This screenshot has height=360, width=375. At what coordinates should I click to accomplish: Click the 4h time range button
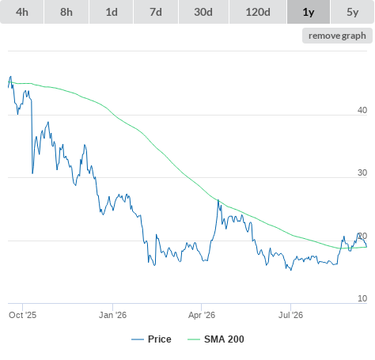tap(22, 12)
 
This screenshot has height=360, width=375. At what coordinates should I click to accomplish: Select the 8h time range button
tap(66, 12)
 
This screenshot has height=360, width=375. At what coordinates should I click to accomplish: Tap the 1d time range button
tap(112, 12)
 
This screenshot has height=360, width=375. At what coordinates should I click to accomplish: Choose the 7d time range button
tap(156, 12)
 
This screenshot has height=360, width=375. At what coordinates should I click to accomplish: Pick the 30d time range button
tap(203, 12)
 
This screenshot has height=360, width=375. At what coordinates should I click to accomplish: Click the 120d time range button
tap(258, 12)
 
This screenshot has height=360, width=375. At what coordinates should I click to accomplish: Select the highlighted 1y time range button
tap(309, 12)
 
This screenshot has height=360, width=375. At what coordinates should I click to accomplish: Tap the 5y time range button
tap(353, 12)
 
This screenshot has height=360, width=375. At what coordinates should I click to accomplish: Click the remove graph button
tap(337, 36)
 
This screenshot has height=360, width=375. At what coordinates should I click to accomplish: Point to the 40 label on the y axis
tap(362, 110)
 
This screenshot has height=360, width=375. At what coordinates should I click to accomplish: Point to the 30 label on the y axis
tap(362, 172)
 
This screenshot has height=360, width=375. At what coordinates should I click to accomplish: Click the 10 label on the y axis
tap(362, 298)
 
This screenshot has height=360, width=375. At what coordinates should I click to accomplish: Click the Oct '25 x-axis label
tap(22, 315)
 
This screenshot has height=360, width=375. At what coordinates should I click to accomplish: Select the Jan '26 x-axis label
tap(112, 315)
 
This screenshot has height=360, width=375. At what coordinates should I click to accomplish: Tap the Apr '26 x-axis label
tap(202, 315)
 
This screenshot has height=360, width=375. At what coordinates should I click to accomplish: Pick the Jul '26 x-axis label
tap(290, 315)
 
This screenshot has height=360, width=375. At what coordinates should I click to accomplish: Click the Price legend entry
tap(151, 339)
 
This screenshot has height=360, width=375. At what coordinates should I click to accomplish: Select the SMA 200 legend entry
tap(216, 339)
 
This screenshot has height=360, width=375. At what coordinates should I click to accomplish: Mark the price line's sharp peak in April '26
tap(218, 200)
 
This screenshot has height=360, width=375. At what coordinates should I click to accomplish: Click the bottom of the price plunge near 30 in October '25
tap(32, 173)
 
